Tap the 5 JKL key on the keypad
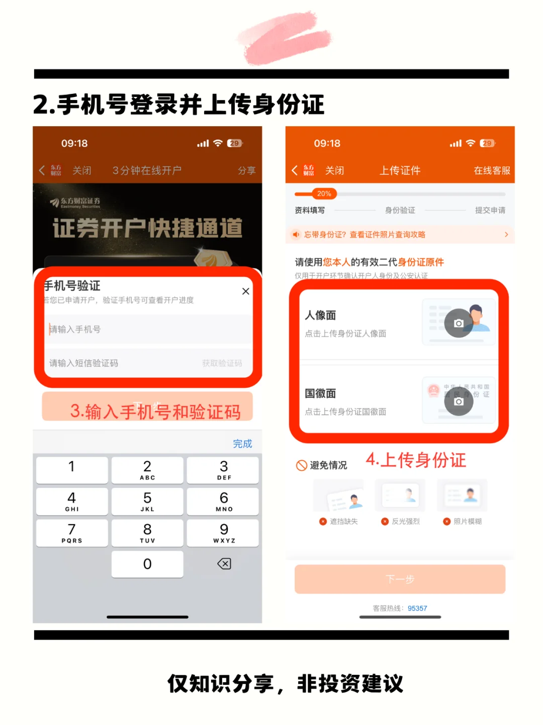click(x=147, y=501)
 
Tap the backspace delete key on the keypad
click(x=224, y=564)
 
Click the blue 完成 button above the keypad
click(x=242, y=444)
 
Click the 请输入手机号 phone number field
click(x=148, y=330)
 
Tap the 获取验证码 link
click(x=222, y=363)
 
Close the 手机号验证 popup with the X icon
click(x=246, y=291)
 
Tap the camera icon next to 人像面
click(x=459, y=323)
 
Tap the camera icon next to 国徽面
click(x=459, y=401)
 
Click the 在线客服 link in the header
click(x=492, y=171)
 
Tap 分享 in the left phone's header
click(x=246, y=171)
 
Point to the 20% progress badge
click(x=324, y=194)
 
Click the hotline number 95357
click(x=417, y=608)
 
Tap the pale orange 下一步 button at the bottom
click(x=400, y=579)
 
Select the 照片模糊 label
click(x=468, y=522)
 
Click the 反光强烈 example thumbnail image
click(x=400, y=495)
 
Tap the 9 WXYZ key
click(x=224, y=533)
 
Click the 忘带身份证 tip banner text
click(x=365, y=235)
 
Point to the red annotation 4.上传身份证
click(x=416, y=460)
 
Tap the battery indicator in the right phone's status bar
click(x=487, y=143)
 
